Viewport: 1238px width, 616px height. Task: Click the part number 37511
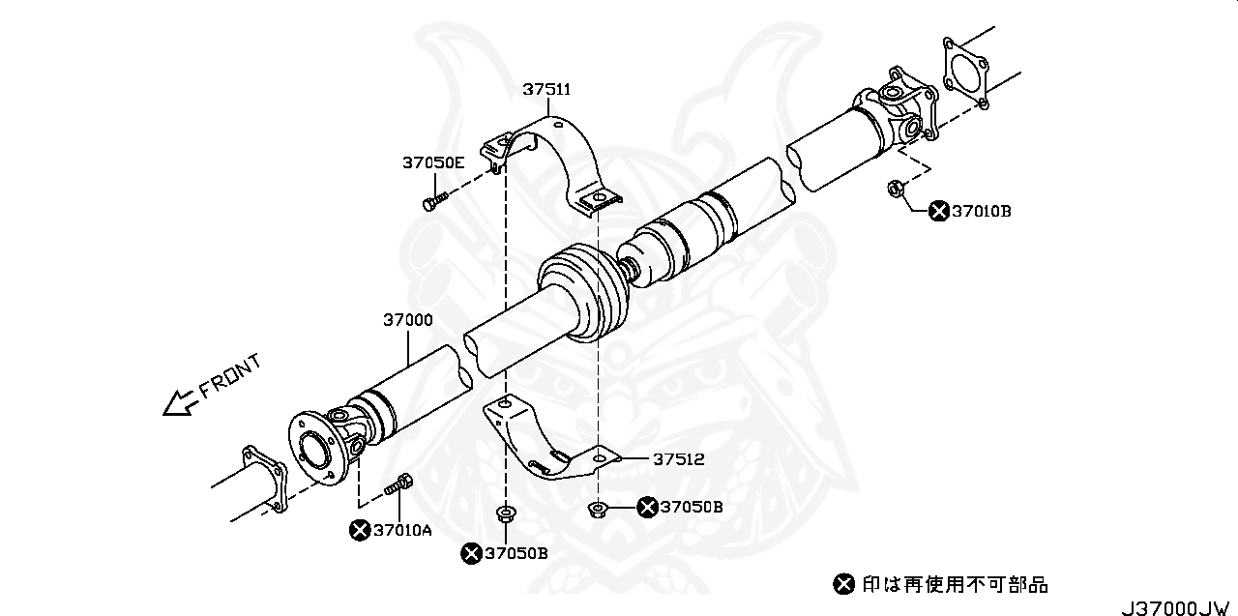[x=546, y=89]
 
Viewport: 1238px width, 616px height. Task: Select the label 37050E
[x=433, y=162]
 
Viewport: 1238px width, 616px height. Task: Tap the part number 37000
[x=407, y=319]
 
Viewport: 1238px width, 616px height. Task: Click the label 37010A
[x=402, y=529]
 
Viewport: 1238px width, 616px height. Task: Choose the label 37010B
[x=981, y=211]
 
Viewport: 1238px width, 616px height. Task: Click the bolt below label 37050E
[x=432, y=203]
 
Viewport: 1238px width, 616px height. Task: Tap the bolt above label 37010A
[x=399, y=484]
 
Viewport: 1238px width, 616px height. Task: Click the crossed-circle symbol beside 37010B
[x=937, y=211]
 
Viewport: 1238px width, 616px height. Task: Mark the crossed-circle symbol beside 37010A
[x=360, y=529]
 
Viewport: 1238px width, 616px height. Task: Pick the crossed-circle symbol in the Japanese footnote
[x=843, y=583]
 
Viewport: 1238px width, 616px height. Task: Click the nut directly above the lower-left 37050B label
[x=504, y=513]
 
